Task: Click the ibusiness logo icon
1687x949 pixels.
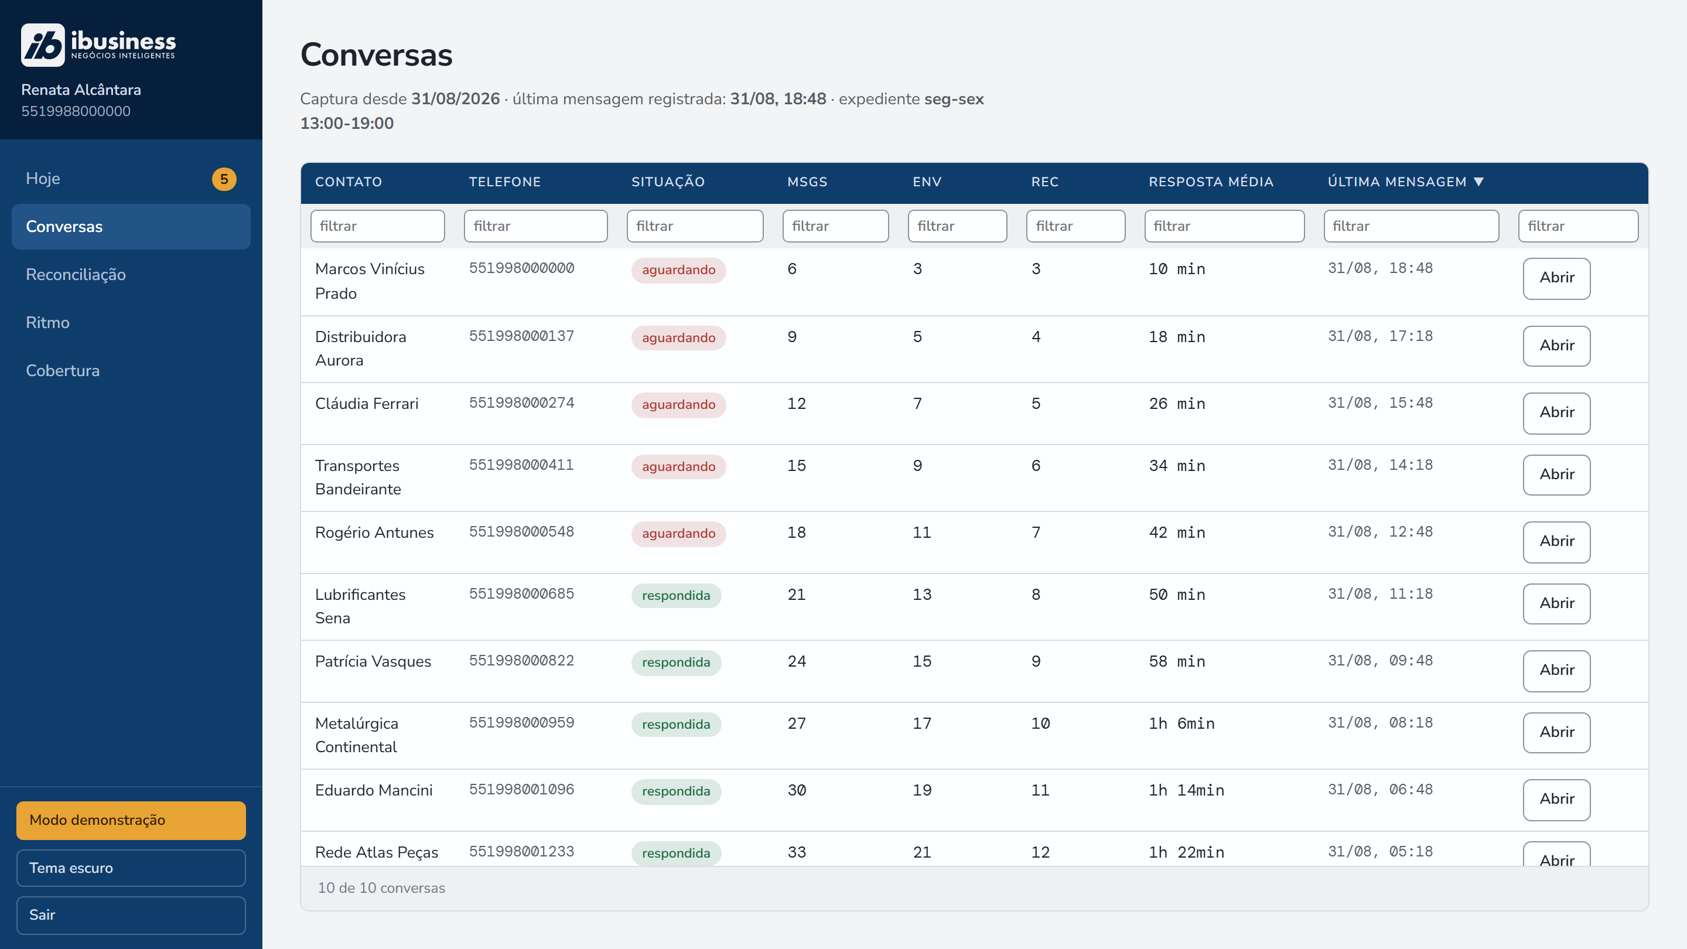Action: pyautogui.click(x=43, y=45)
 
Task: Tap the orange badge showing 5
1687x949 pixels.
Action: pyautogui.click(x=224, y=179)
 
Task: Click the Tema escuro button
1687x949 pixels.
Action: pyautogui.click(x=131, y=868)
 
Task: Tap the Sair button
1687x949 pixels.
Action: pyautogui.click(x=131, y=915)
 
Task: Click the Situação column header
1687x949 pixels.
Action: pyautogui.click(x=668, y=182)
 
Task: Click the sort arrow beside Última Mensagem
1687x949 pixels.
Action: pyautogui.click(x=1478, y=182)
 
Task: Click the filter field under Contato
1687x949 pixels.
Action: pyautogui.click(x=378, y=226)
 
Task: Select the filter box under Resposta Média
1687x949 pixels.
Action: pyautogui.click(x=1224, y=226)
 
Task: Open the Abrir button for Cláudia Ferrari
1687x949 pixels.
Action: pyautogui.click(x=1557, y=412)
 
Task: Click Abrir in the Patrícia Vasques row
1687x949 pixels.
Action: pyautogui.click(x=1557, y=671)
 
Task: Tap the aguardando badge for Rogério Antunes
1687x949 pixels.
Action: pyautogui.click(x=678, y=534)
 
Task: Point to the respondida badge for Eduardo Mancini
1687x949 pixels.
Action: pyautogui.click(x=676, y=792)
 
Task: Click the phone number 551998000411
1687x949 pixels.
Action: pyautogui.click(x=521, y=465)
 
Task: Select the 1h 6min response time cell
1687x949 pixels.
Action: pyautogui.click(x=1181, y=723)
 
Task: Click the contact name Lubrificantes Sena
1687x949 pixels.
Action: pyautogui.click(x=360, y=606)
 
